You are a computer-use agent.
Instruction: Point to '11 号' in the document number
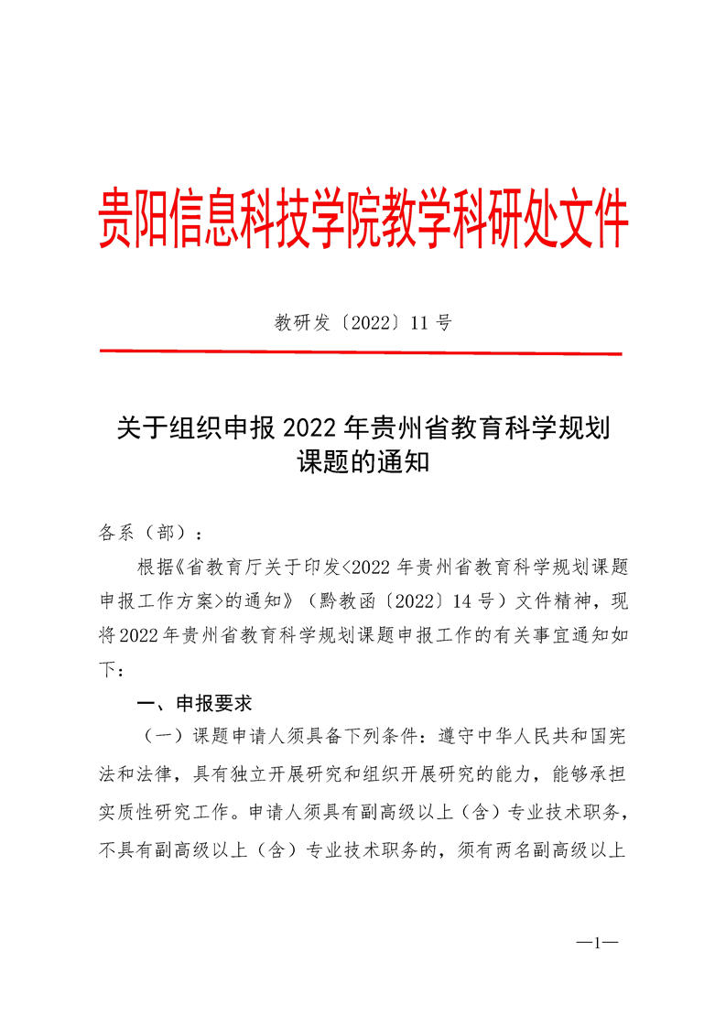click(x=431, y=322)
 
